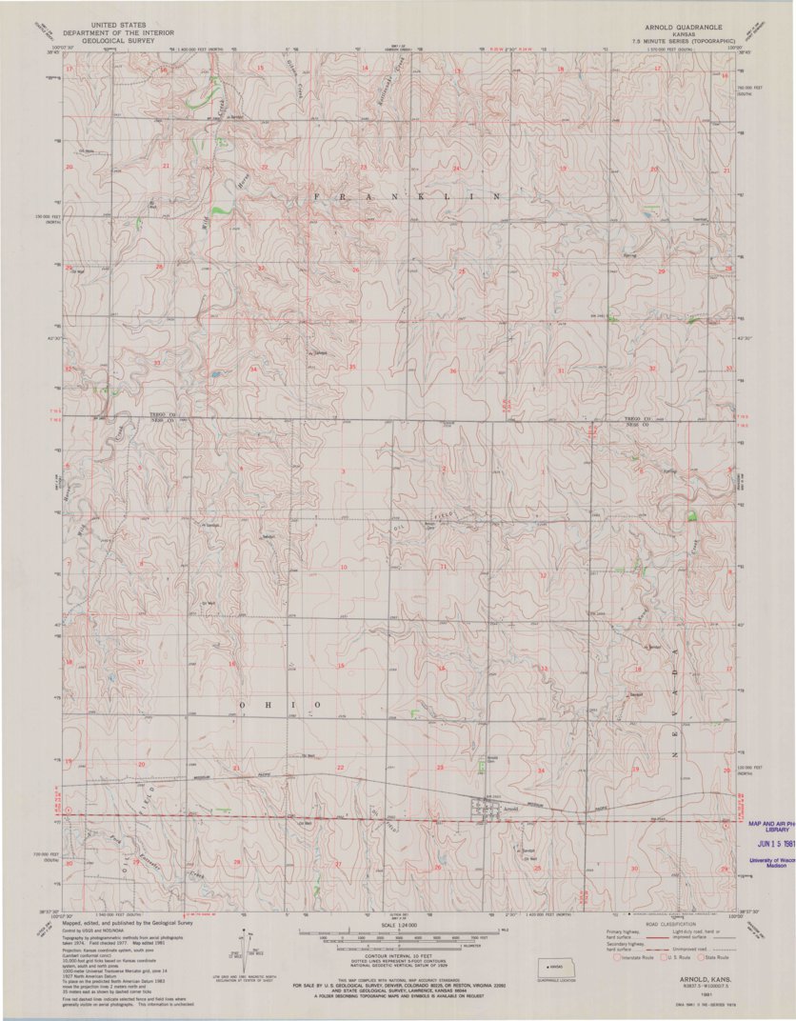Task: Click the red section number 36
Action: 453,370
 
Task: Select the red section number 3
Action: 343,471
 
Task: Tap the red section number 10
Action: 344,568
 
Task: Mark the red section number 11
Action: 443,568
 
